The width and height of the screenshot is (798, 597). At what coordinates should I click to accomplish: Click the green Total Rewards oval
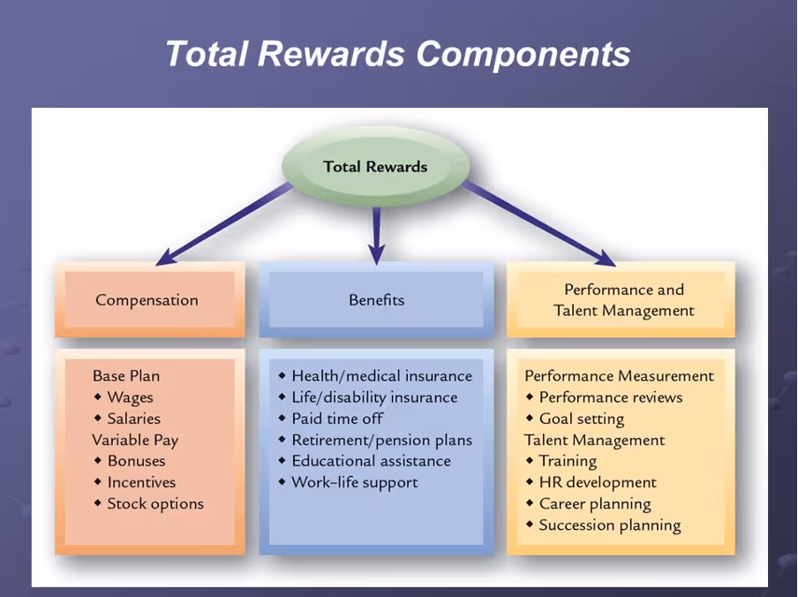(375, 166)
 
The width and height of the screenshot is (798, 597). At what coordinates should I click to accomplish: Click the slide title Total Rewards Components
(398, 53)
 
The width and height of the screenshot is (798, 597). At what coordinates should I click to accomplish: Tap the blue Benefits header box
(376, 300)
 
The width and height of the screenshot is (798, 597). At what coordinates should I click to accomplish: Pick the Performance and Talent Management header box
(623, 300)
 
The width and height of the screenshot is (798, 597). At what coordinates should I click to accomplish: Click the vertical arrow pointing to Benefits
(376, 234)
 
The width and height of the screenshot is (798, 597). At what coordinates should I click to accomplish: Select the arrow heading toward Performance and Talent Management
(538, 223)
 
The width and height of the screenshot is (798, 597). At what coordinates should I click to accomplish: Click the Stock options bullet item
(154, 503)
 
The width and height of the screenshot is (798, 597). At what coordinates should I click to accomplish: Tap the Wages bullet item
(130, 397)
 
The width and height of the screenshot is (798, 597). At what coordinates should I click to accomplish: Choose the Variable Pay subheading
(135, 440)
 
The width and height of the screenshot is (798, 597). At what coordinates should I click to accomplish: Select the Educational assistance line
(371, 461)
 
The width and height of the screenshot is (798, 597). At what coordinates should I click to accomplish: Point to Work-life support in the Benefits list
(354, 482)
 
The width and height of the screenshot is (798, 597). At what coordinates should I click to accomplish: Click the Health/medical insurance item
(381, 376)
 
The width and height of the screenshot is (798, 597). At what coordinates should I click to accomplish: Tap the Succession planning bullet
(609, 525)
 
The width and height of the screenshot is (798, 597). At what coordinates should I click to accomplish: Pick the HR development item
(598, 482)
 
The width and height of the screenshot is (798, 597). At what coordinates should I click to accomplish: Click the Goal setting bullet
(581, 419)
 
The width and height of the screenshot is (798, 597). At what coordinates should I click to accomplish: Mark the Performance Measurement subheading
(619, 376)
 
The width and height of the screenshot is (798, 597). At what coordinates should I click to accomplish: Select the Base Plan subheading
(126, 376)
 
